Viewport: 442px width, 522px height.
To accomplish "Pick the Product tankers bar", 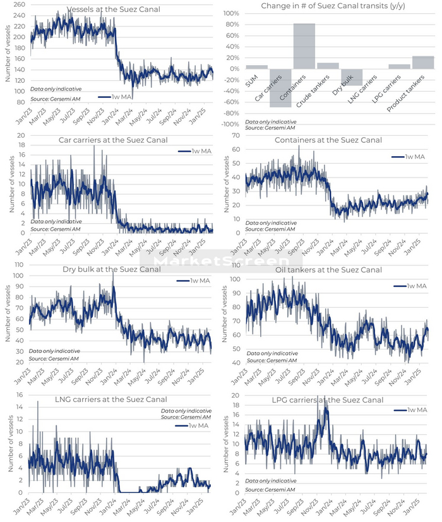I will (x=423, y=62).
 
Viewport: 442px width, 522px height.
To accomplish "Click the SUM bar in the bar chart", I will (x=256, y=66).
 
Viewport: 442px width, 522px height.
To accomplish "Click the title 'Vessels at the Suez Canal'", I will (x=113, y=9).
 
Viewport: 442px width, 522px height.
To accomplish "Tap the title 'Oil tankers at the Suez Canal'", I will (x=329, y=270).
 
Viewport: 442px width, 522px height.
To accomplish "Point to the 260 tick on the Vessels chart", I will (x=19, y=5).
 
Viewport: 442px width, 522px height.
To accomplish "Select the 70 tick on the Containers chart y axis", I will (x=236, y=135).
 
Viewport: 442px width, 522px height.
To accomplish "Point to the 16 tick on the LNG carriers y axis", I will (x=21, y=396).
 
